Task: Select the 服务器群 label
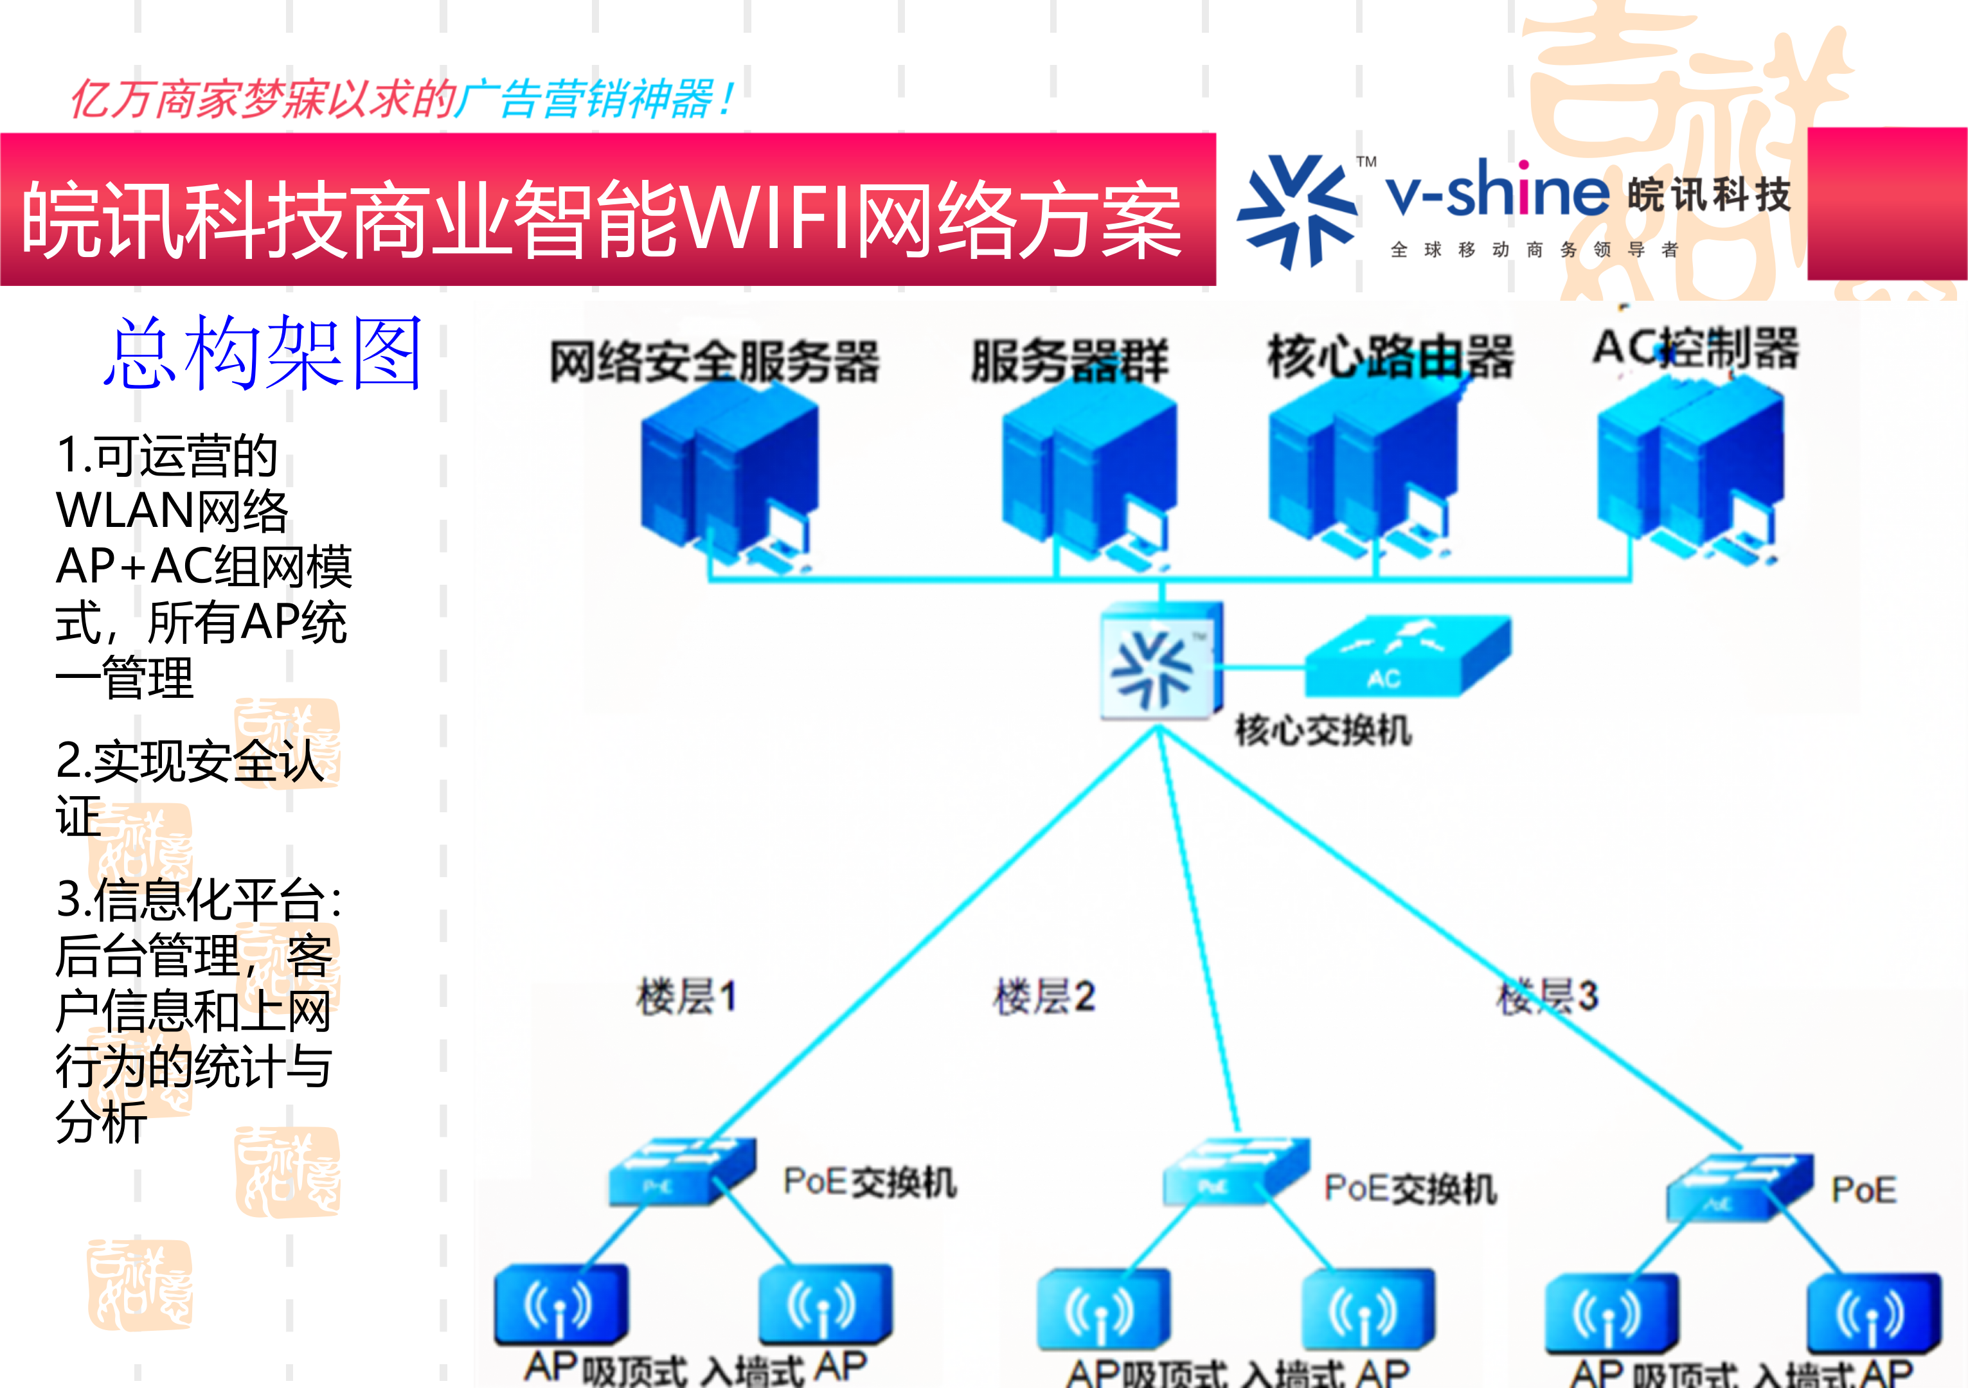tap(1069, 360)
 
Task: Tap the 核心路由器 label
tap(1390, 357)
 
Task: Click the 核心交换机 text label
tap(1323, 731)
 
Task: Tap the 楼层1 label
tap(686, 997)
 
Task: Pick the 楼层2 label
tap(1044, 997)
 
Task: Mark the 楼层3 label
tap(1547, 997)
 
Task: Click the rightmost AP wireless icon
tap(1873, 1311)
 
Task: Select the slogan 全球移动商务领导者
tap(1534, 249)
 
